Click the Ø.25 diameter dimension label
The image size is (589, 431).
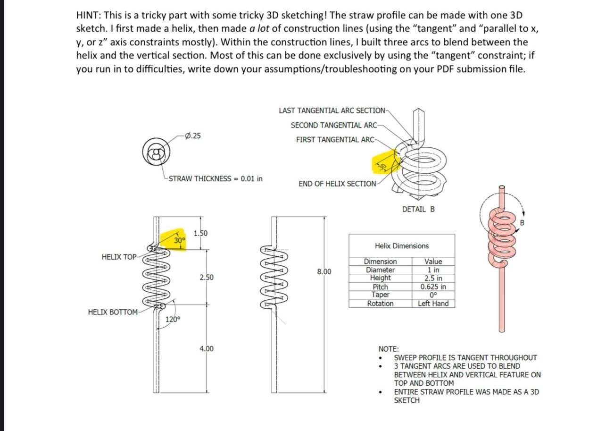point(193,136)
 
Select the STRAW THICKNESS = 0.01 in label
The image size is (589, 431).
point(216,178)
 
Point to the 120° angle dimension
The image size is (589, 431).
point(172,319)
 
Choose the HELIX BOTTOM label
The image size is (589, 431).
point(113,312)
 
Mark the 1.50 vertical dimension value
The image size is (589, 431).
point(201,233)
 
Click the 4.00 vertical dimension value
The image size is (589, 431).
point(206,349)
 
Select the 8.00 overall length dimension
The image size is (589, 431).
point(324,271)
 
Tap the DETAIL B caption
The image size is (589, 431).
point(418,209)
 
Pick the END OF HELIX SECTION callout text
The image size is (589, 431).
point(337,184)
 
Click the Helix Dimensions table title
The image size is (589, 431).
point(402,245)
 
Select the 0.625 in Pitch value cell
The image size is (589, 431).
point(433,287)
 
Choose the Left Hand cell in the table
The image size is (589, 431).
point(433,304)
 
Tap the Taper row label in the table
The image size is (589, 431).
point(380,295)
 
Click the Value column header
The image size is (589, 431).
point(433,262)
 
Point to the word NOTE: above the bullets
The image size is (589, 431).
point(389,349)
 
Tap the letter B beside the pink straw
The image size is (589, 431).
point(522,222)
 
